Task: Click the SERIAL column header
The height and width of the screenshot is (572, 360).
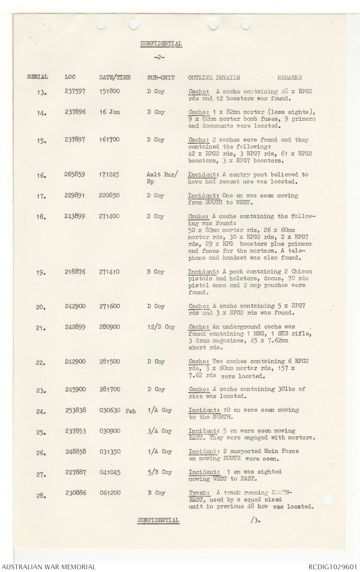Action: (37, 77)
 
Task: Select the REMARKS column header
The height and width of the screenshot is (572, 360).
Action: (289, 78)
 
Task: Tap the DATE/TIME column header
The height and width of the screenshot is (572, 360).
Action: (115, 77)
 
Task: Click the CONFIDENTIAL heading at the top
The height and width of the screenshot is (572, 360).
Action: (161, 44)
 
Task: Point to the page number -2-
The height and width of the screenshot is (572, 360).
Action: (159, 58)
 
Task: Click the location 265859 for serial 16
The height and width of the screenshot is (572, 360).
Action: (74, 174)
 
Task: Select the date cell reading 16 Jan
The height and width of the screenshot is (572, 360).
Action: (110, 112)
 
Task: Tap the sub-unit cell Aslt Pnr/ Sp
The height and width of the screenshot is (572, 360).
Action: (162, 178)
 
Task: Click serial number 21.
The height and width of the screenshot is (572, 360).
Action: (41, 328)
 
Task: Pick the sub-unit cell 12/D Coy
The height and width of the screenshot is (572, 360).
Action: (161, 327)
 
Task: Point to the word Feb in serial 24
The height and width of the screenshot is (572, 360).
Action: (130, 411)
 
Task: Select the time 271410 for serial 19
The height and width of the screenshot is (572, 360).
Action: (109, 272)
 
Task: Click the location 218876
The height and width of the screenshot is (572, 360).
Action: (75, 272)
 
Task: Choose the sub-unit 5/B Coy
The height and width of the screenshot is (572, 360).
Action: (160, 472)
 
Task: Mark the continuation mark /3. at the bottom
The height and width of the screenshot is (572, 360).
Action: (255, 520)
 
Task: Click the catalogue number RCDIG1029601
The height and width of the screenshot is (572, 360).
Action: (332, 567)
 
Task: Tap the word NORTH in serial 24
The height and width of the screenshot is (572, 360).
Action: (222, 417)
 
